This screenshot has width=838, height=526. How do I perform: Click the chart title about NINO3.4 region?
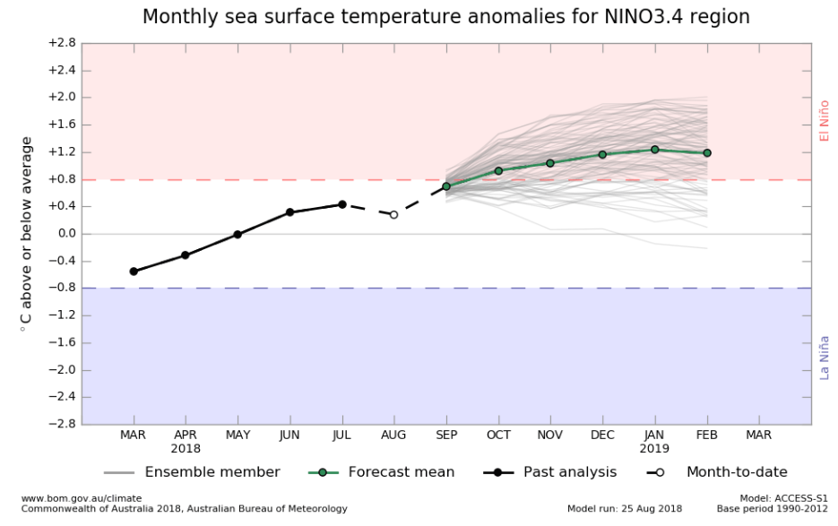445,17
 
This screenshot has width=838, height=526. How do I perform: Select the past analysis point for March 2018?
134,272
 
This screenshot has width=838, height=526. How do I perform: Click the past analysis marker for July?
342,204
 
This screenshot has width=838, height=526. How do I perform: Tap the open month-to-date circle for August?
393,215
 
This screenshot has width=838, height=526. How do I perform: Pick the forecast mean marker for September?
446,186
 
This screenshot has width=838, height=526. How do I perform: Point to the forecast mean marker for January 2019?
655,150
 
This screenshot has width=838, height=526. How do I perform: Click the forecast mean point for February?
707,153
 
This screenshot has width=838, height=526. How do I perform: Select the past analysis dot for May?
238,235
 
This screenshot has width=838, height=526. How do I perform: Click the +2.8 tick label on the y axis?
61,43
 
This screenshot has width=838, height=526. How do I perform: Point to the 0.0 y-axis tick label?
65,234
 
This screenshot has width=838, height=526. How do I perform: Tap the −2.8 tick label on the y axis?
61,425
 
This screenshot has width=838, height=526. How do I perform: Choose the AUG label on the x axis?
393,435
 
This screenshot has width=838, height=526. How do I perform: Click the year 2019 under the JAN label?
655,448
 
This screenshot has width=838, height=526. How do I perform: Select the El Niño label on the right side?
825,120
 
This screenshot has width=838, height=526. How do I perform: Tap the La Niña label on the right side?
825,357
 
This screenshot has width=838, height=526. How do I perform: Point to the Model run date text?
625,509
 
